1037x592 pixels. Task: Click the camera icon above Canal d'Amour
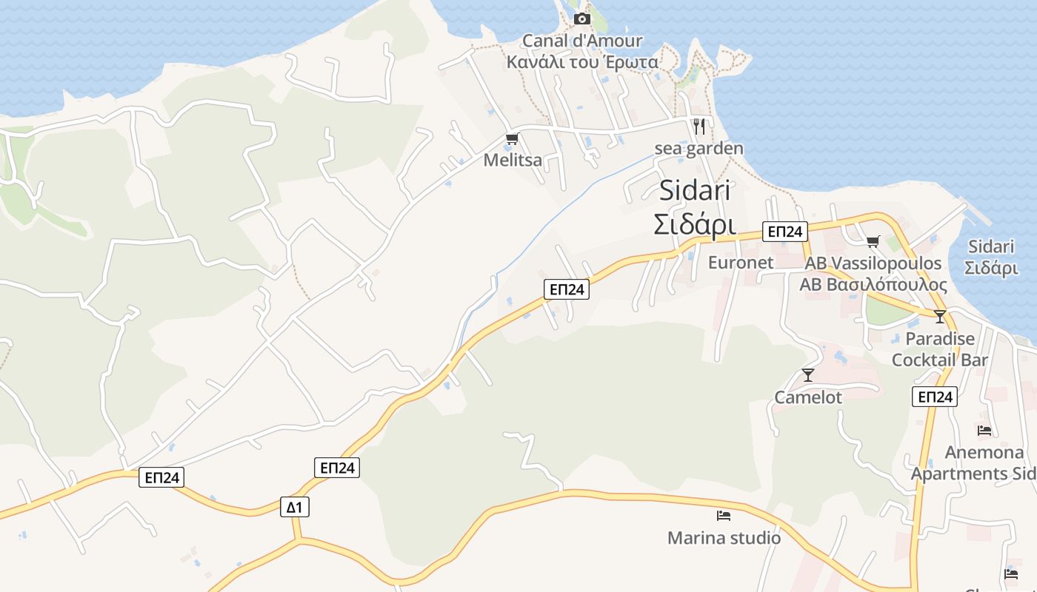point(582,18)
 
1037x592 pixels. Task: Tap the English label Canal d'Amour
point(582,41)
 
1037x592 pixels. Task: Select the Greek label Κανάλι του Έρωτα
point(582,61)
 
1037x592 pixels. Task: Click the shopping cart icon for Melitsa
point(512,138)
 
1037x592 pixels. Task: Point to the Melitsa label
point(513,160)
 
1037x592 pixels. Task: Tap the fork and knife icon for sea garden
point(698,127)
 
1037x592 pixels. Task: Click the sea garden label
point(698,149)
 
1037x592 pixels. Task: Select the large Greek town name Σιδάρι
point(695,224)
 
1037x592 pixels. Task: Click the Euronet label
point(741,263)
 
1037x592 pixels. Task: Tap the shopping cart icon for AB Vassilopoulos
point(873,241)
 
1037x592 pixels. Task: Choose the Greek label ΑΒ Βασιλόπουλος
point(873,285)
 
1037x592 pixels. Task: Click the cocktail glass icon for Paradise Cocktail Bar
point(940,317)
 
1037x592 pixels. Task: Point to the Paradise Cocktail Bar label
point(940,349)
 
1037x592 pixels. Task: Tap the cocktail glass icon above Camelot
point(808,375)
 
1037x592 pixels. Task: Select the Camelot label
point(808,397)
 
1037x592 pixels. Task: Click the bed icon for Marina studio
point(724,515)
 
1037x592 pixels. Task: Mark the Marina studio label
point(724,538)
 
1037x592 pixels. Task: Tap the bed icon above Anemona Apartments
point(984,430)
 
